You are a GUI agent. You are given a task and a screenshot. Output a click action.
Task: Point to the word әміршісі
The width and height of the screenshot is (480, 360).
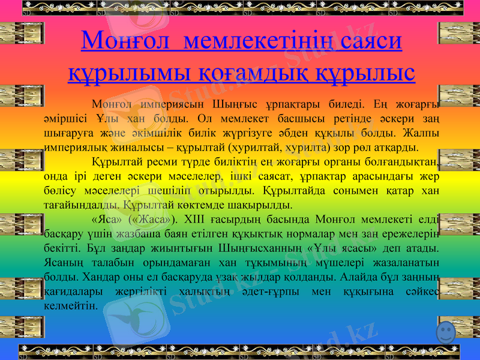click(67, 118)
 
